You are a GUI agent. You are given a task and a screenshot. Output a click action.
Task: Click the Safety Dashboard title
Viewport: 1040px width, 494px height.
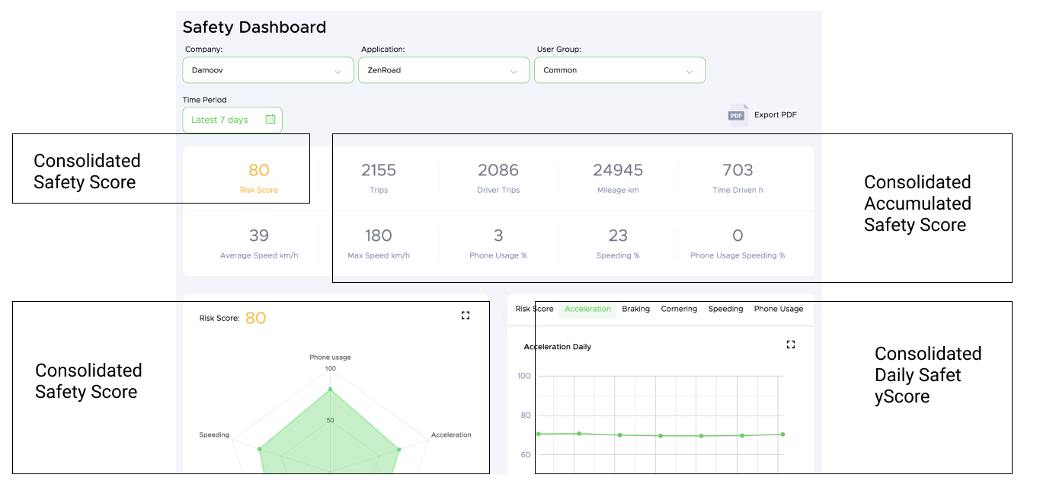254,27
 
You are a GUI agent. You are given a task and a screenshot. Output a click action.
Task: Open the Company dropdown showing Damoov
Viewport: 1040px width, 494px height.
267,70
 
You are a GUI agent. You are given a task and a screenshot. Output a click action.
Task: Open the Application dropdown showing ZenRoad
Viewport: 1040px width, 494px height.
443,70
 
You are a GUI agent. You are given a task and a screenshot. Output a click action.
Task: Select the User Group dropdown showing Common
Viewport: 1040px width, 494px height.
619,70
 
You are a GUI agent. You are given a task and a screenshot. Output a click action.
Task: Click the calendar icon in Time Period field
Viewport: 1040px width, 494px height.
270,120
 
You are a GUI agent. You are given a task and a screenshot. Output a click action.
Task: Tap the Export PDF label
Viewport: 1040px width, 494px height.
775,115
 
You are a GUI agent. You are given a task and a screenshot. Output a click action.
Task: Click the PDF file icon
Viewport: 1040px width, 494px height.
737,114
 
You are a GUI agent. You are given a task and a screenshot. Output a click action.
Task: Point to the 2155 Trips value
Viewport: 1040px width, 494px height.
379,170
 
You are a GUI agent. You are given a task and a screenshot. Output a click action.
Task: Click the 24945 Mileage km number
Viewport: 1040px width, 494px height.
618,170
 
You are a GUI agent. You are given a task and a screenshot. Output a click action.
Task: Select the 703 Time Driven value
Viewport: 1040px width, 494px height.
738,170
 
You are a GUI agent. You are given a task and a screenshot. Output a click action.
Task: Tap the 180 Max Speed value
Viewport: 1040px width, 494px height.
379,236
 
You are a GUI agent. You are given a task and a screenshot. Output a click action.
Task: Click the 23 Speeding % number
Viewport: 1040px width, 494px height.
618,236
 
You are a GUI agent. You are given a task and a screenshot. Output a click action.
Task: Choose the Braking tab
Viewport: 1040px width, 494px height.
635,309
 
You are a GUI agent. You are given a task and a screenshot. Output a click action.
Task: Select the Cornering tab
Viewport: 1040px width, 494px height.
679,309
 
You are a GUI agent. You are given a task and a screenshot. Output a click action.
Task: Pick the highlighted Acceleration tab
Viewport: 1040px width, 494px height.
587,309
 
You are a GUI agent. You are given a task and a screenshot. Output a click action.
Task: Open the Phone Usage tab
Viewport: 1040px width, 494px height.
779,309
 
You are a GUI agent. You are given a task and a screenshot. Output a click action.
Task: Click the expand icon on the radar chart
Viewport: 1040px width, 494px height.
466,315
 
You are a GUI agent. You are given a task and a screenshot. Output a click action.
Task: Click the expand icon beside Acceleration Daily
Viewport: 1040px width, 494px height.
791,345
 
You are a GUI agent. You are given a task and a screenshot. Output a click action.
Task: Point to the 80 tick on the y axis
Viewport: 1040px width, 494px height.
524,415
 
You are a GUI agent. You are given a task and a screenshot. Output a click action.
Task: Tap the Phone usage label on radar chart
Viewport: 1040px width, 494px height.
330,357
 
